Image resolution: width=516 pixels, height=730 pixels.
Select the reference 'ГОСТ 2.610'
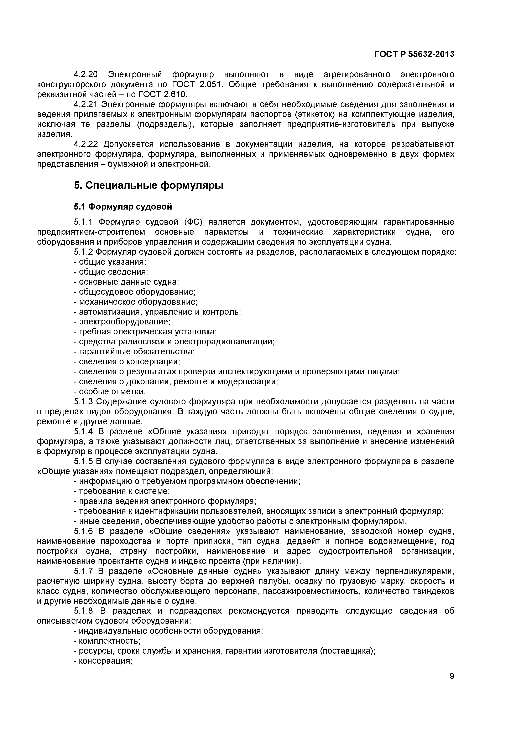[163, 94]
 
